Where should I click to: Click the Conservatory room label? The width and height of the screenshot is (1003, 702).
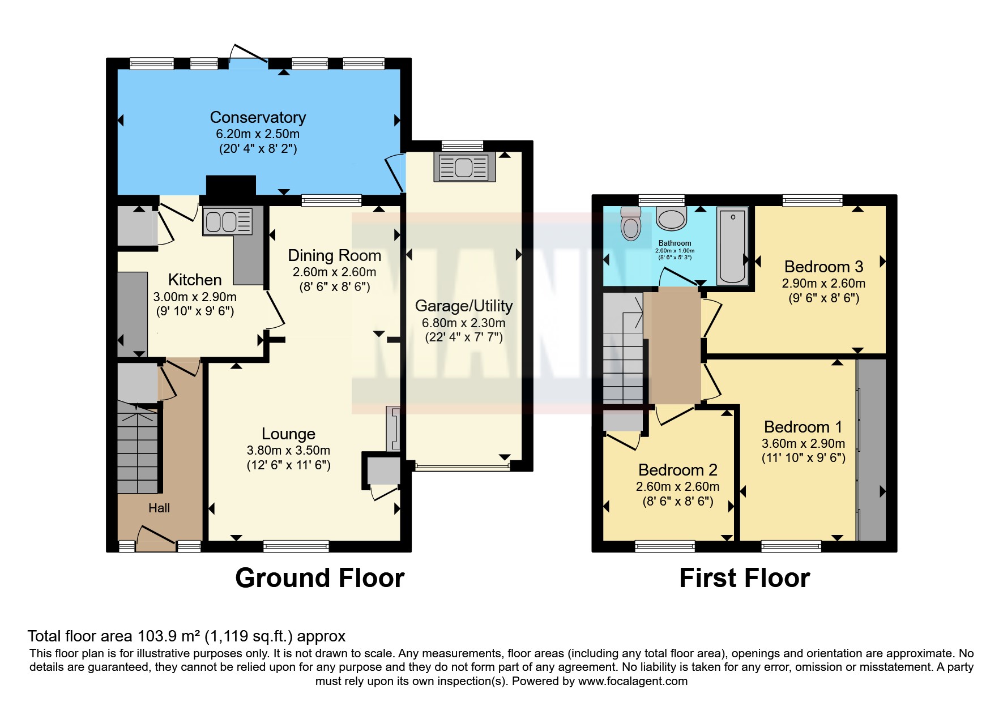coord(258,117)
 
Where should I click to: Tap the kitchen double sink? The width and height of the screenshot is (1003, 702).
coord(227,221)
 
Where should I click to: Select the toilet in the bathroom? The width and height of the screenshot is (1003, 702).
coord(630,225)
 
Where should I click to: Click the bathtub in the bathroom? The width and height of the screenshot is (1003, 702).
coord(732,246)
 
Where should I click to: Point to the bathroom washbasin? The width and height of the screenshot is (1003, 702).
coord(672,219)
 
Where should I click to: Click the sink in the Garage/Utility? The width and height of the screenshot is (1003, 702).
coord(464,167)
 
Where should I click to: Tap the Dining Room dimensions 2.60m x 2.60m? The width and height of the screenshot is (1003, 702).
coord(334,272)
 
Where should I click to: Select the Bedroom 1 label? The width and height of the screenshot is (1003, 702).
coord(803,427)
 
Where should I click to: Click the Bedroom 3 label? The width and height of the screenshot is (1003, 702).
coord(823,267)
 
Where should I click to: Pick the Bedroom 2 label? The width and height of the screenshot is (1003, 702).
coord(677,470)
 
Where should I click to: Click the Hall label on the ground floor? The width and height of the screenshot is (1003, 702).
coord(159,508)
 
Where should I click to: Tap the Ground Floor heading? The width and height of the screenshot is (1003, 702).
coord(319,578)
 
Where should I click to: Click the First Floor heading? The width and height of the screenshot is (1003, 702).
coord(744,578)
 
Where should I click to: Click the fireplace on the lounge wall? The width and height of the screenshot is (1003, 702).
coord(392,428)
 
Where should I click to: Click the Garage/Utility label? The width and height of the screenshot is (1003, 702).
coord(464,306)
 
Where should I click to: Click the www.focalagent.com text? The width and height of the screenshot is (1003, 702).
coord(633,681)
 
